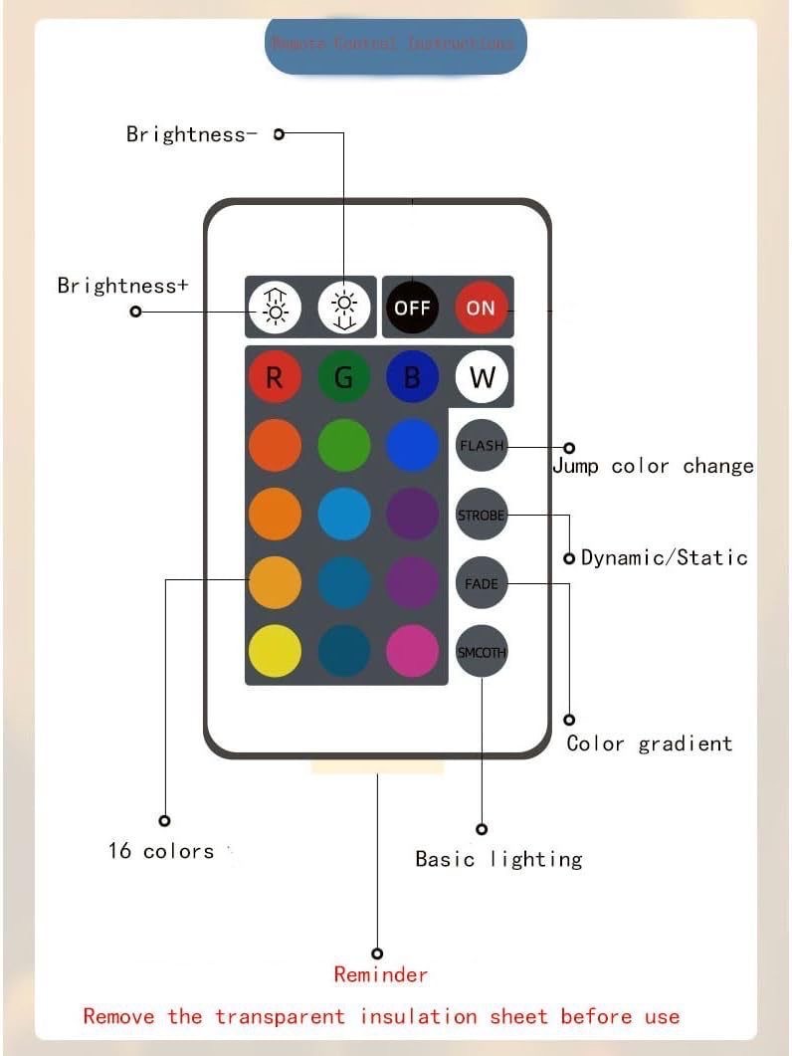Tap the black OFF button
411,308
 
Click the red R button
275,377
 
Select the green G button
344,377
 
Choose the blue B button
412,377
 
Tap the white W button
482,377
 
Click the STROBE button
482,515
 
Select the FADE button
482,583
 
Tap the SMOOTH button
482,652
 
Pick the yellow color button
275,652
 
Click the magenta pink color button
412,652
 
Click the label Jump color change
653,467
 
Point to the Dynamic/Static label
664,557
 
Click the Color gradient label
649,743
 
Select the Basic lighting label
498,859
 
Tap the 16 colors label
161,851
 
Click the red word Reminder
381,974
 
